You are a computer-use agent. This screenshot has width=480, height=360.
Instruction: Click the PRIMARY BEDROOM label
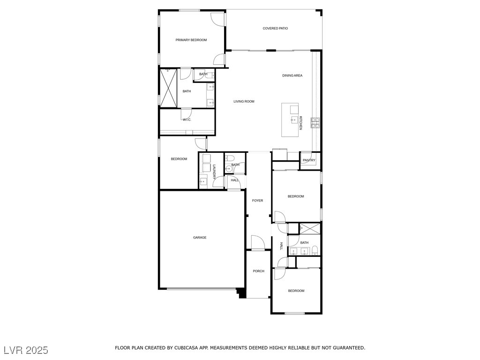click(191, 40)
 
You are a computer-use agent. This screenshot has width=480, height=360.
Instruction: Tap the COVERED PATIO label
click(275, 29)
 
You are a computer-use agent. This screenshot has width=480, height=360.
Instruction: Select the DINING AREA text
click(292, 75)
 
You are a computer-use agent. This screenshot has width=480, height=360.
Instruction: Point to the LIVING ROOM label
click(244, 101)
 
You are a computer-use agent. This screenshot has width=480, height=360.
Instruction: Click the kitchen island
click(290, 120)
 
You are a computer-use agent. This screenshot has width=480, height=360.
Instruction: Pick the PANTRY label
click(309, 160)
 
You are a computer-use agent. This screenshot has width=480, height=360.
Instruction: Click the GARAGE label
click(200, 238)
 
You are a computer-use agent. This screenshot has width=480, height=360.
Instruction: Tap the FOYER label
click(257, 201)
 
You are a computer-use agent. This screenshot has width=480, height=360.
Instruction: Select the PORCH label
click(258, 271)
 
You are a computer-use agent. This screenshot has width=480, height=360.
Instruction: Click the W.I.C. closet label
click(187, 120)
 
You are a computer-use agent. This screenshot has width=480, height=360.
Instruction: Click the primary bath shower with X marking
click(169, 88)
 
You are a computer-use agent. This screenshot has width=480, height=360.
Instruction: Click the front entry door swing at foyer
click(258, 243)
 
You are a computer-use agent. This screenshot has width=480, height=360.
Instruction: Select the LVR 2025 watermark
click(26, 350)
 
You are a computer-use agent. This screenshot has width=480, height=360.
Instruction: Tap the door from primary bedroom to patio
click(218, 19)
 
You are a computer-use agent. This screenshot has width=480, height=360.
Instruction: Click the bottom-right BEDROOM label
click(296, 291)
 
